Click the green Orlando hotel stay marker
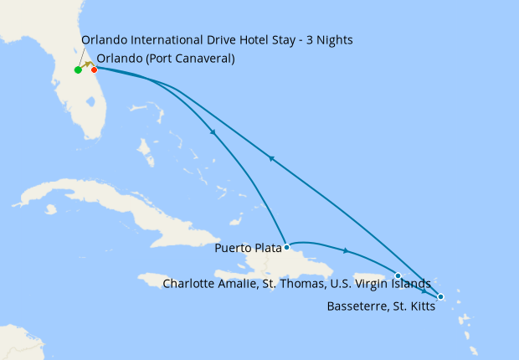tap(78, 69)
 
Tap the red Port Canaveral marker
tap(94, 69)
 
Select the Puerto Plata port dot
tap(286, 247)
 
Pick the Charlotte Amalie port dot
tap(398, 275)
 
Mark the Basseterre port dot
tap(440, 297)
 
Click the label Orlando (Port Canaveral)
tap(166, 59)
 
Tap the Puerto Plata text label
tap(248, 248)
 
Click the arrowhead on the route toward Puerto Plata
tap(213, 131)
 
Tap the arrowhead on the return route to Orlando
tap(270, 157)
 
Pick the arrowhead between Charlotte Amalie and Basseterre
tap(424, 290)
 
